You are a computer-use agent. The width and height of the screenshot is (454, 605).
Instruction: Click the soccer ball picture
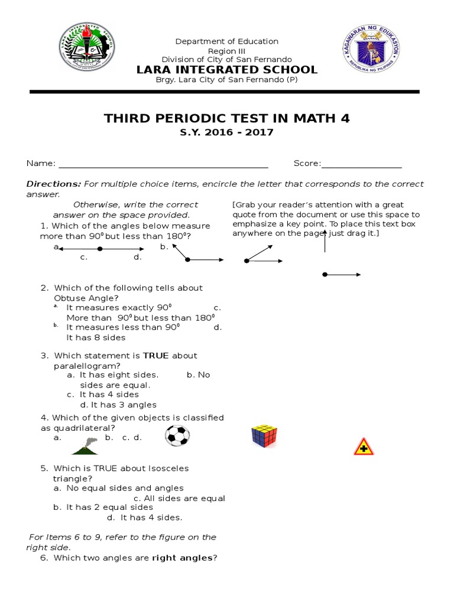click(177, 436)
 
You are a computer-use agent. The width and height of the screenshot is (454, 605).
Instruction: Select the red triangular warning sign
click(364, 447)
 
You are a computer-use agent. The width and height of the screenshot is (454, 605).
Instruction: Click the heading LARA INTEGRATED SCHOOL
click(227, 70)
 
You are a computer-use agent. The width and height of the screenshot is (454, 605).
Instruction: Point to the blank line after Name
click(163, 164)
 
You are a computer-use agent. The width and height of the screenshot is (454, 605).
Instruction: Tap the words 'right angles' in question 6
click(181, 558)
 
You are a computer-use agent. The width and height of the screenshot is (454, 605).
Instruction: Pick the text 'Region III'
click(226, 51)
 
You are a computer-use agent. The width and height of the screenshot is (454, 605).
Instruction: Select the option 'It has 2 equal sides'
click(109, 507)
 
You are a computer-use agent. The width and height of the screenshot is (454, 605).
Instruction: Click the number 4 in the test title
click(345, 119)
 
